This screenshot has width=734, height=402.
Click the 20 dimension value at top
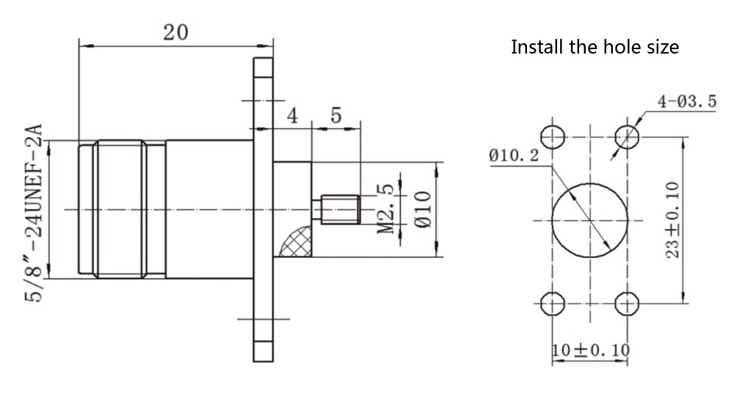pyautogui.click(x=175, y=32)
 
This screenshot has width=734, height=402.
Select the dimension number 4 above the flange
pyautogui.click(x=291, y=115)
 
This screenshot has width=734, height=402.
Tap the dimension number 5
pyautogui.click(x=336, y=115)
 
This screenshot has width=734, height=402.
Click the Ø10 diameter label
pyautogui.click(x=421, y=210)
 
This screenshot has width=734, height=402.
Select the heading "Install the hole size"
pyautogui.click(x=595, y=48)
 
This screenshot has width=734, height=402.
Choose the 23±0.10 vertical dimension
pyautogui.click(x=672, y=219)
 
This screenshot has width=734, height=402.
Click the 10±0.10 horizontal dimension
pyautogui.click(x=590, y=350)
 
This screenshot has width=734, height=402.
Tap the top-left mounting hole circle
pyautogui.click(x=552, y=136)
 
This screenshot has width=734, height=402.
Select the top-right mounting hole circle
pyautogui.click(x=626, y=136)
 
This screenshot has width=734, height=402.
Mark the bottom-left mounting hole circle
pyautogui.click(x=552, y=302)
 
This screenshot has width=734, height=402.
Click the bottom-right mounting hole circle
pyautogui.click(x=626, y=302)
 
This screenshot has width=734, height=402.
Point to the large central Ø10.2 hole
pyautogui.click(x=589, y=219)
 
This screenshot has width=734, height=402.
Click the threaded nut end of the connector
pyautogui.click(x=121, y=209)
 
